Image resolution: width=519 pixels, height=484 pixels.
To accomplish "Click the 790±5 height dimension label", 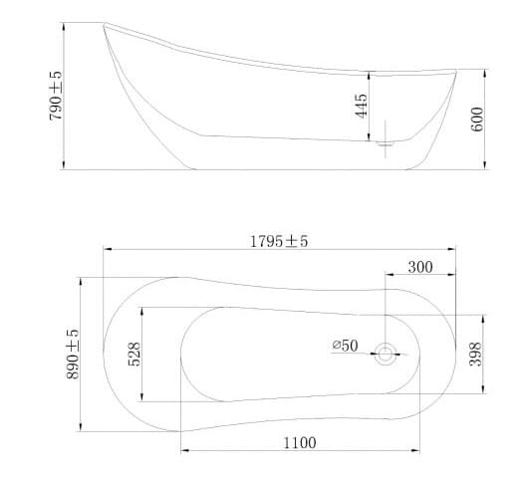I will (56, 95).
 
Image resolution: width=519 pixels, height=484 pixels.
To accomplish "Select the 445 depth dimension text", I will (362, 105).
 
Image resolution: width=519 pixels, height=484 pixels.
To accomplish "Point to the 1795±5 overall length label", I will (280, 242).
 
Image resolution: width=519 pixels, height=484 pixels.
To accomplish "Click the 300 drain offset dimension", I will (420, 267).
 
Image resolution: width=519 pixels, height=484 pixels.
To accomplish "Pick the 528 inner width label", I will (135, 354).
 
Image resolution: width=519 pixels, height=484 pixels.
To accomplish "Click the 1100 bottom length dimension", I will (300, 442).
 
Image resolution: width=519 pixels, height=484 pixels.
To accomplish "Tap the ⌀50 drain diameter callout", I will (345, 346).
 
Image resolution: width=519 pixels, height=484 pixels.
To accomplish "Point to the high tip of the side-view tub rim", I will (106, 24).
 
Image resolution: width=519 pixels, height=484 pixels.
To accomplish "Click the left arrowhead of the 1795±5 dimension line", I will (107, 250).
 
